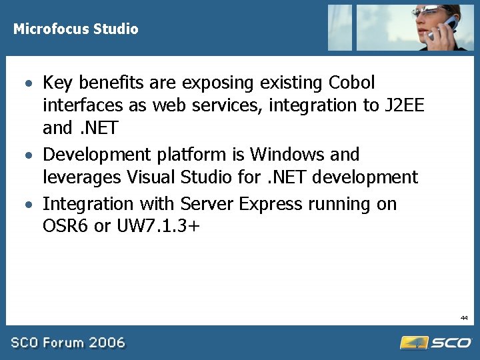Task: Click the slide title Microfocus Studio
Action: pos(76,29)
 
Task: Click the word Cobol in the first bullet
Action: pos(352,83)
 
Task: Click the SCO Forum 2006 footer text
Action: pos(67,343)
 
